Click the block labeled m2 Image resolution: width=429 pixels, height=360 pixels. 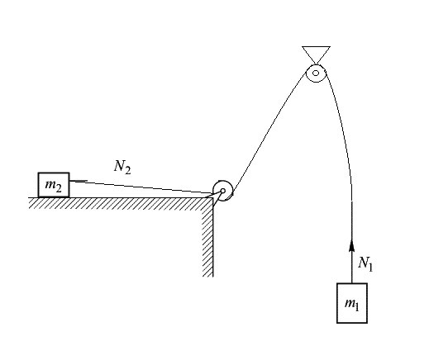coord(54,185)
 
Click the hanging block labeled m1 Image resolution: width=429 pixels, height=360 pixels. coord(352,303)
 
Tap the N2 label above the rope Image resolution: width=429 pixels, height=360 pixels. coord(122,167)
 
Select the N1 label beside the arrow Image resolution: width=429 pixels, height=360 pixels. coord(365,263)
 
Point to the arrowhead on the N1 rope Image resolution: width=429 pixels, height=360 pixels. coord(351,245)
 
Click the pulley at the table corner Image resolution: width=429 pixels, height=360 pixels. coord(223,191)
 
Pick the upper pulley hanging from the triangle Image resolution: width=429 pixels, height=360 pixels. coord(316,73)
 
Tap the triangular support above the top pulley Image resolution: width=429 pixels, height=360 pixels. coord(316,54)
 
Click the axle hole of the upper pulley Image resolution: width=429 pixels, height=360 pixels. coord(316,73)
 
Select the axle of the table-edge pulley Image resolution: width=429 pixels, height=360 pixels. coord(223,191)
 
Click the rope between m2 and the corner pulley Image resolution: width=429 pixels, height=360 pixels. coord(141,187)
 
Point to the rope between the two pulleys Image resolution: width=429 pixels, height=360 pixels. coord(269,133)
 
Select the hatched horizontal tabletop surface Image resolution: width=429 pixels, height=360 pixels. coord(121,203)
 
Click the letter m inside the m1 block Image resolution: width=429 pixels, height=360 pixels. coord(350,303)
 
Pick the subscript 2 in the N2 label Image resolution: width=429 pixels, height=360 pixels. coord(127,170)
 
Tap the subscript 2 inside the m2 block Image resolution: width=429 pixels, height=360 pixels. coord(59,188)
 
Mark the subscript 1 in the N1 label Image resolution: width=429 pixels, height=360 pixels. coord(370,268)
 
